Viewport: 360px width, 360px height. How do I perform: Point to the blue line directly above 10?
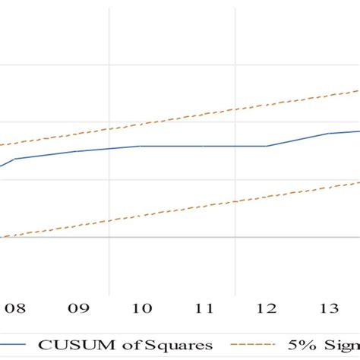tap(141, 146)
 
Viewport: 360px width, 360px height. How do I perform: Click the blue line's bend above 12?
tap(266, 146)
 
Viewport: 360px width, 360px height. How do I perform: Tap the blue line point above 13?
tap(329, 134)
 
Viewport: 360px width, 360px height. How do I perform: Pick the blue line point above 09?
tap(78, 151)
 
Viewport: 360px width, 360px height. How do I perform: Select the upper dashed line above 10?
tap(141, 124)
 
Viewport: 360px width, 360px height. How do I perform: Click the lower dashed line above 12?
tap(266, 195)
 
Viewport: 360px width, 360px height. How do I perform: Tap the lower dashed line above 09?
tap(78, 225)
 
